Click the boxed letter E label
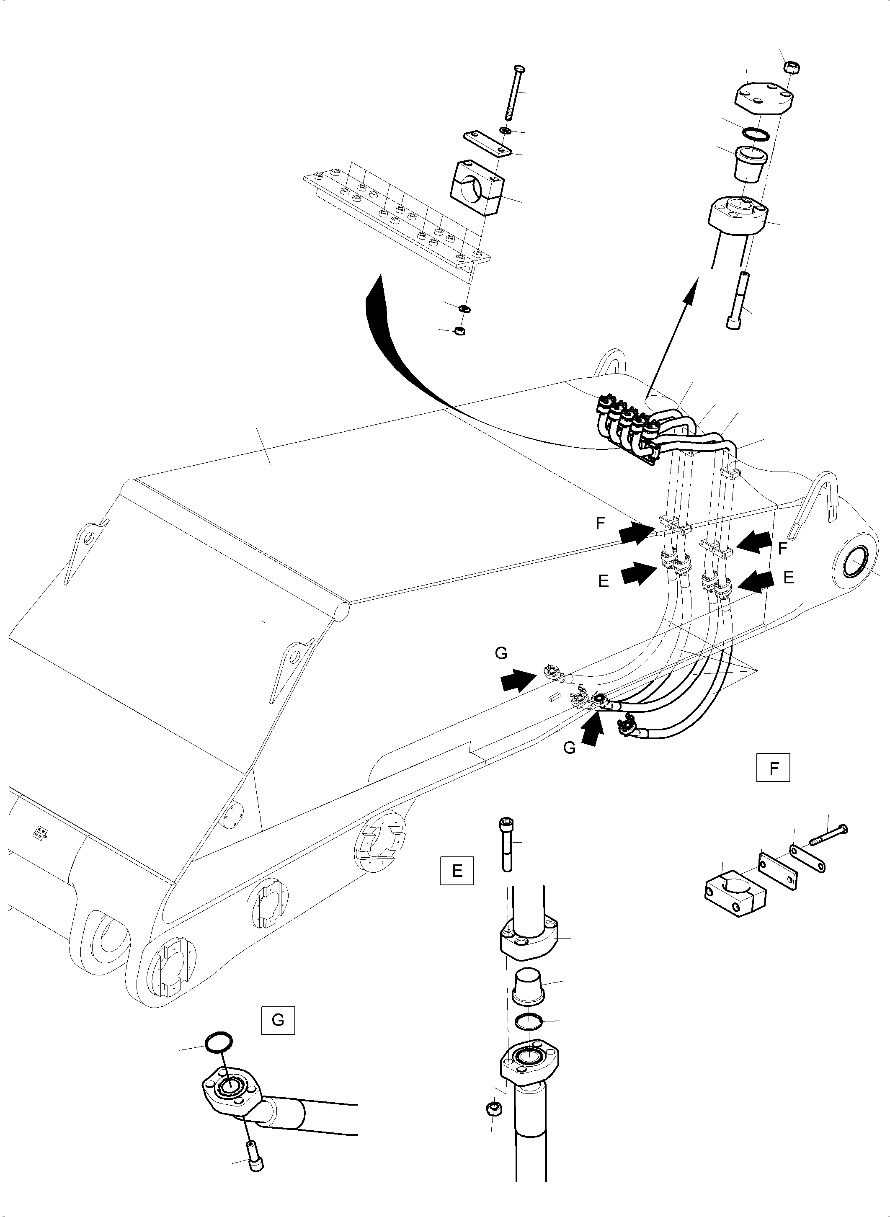[x=457, y=871]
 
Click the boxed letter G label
[x=278, y=1020]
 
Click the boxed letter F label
[x=773, y=768]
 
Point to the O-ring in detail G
[x=219, y=1042]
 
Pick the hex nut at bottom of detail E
[x=492, y=1108]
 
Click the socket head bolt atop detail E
[x=506, y=851]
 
